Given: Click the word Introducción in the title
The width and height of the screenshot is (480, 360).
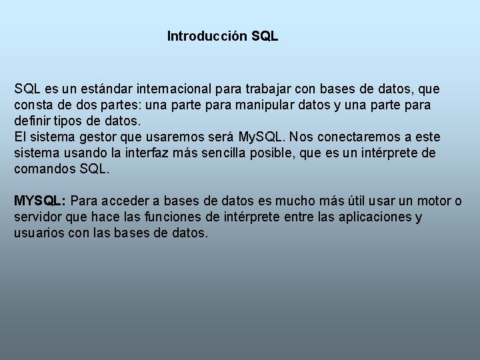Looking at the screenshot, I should [x=208, y=36].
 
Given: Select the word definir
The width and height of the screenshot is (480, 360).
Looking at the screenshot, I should [x=33, y=121].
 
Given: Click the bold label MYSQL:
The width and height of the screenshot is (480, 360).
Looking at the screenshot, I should [x=39, y=201].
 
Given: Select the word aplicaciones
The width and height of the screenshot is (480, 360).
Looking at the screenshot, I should [x=377, y=217].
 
